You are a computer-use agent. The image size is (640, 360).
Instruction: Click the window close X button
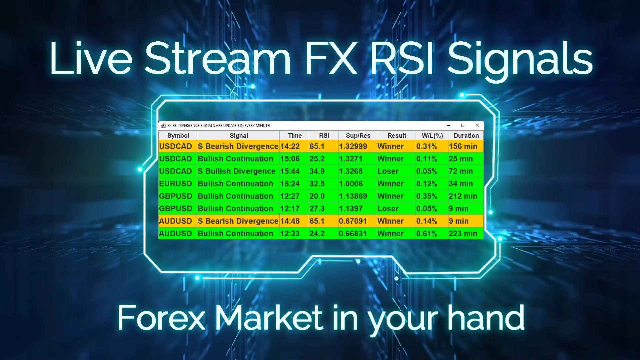(477, 125)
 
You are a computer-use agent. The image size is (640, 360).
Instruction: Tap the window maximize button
(463, 125)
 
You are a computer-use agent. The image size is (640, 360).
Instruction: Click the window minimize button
(449, 125)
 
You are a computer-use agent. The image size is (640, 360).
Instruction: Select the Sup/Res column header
(358, 135)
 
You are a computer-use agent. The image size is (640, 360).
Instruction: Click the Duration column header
(466, 135)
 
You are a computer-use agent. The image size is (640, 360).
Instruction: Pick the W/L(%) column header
(432, 135)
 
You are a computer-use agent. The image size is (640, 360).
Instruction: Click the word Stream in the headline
(218, 58)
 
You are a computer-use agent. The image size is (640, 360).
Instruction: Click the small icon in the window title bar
(163, 125)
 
